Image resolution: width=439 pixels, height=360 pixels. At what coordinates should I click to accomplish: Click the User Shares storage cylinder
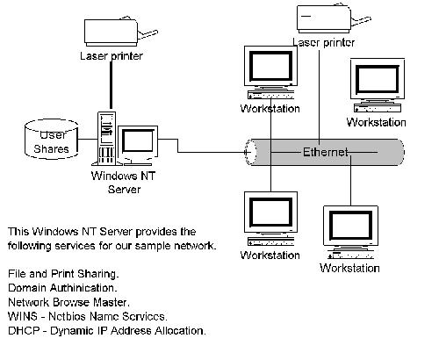(x=51, y=139)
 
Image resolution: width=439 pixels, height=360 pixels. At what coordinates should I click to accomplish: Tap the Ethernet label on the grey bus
(x=326, y=152)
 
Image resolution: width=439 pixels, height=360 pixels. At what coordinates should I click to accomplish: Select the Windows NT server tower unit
(x=106, y=138)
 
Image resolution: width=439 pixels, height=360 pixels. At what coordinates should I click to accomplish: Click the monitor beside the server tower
(x=138, y=146)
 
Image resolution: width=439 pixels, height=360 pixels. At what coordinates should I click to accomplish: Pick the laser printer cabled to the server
(x=120, y=32)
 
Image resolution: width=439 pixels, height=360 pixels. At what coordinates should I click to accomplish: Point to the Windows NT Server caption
(x=123, y=183)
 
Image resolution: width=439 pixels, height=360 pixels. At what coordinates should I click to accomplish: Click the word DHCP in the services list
(x=24, y=330)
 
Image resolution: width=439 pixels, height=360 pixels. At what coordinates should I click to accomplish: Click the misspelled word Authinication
(x=83, y=288)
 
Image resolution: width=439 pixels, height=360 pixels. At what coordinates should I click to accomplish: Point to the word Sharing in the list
(x=98, y=274)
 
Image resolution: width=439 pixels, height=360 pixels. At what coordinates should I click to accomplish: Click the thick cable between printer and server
(x=111, y=85)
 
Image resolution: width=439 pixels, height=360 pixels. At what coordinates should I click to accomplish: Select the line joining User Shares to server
(x=88, y=139)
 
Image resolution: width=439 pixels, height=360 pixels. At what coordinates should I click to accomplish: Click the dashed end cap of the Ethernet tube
(x=251, y=152)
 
